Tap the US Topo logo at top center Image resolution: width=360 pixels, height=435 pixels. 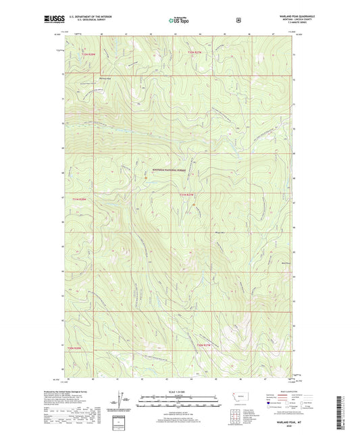click(179, 20)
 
